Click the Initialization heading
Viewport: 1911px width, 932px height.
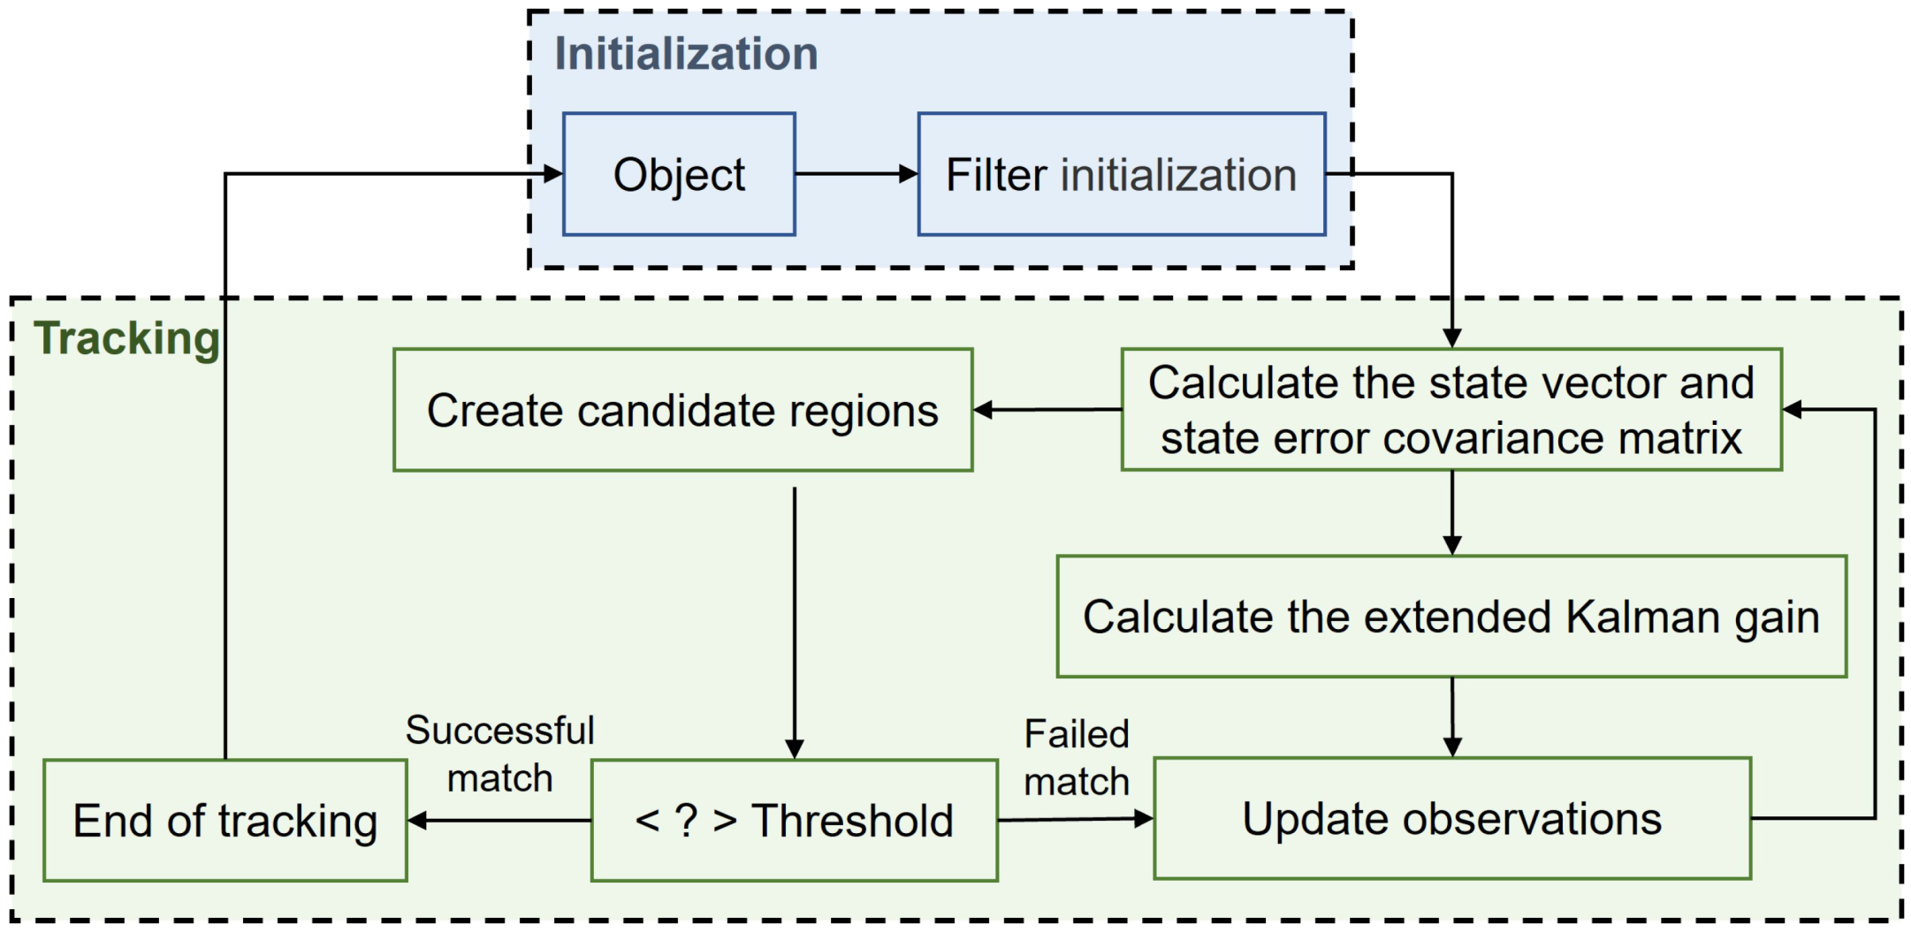[686, 55]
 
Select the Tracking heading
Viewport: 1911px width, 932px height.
[126, 339]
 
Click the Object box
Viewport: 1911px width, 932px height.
[679, 174]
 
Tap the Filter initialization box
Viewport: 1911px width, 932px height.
[1121, 174]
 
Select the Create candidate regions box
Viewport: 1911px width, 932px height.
[682, 410]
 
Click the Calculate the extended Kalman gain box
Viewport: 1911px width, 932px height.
[1450, 617]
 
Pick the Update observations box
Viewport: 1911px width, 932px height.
[1451, 819]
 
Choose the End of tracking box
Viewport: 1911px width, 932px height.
[225, 821]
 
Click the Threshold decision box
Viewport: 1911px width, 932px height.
[794, 821]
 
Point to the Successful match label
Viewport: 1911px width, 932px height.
[499, 754]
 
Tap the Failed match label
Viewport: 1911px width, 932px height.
[1076, 758]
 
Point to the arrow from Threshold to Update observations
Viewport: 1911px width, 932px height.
[1074, 820]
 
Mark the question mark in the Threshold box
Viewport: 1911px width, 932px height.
[686, 821]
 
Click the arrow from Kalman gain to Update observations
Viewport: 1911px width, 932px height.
[1451, 716]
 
